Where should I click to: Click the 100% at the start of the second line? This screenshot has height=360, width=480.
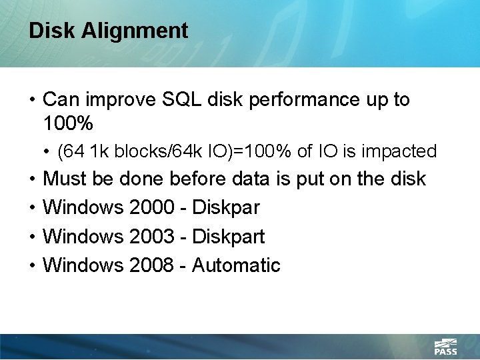pyautogui.click(x=68, y=123)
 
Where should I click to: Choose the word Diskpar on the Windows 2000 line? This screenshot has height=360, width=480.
pyautogui.click(x=225, y=208)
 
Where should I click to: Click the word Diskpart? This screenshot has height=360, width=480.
pyautogui.click(x=228, y=237)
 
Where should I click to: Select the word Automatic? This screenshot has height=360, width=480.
pyautogui.click(x=236, y=265)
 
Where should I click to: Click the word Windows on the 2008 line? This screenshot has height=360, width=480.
pyautogui.click(x=83, y=265)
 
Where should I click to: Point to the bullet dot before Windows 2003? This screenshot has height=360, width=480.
pyautogui.click(x=32, y=237)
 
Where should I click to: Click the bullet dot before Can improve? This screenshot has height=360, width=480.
pyautogui.click(x=32, y=101)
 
